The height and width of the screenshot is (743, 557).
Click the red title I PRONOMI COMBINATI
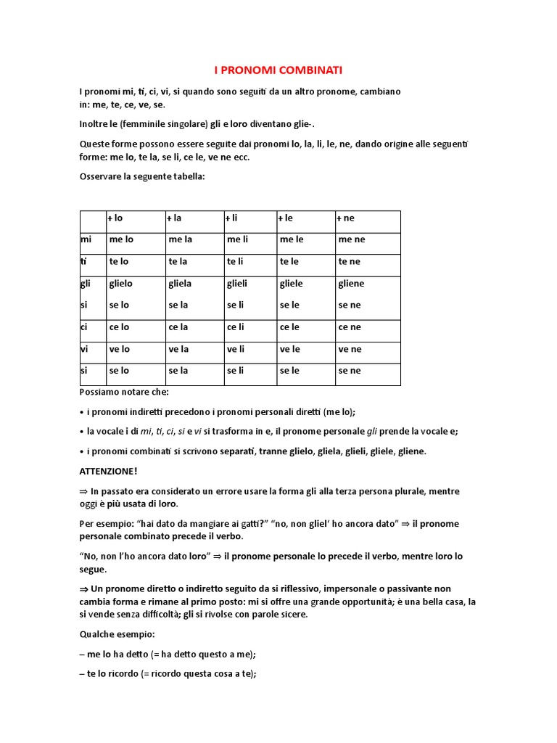point(278,70)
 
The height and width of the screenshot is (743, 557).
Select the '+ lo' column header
point(115,218)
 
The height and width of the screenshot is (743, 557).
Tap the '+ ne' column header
point(346,218)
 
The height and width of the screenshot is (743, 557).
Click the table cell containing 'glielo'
point(120,284)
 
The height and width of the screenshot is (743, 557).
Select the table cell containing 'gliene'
point(351,284)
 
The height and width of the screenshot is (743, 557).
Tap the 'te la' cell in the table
point(178,262)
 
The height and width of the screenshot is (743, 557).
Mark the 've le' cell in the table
point(289,349)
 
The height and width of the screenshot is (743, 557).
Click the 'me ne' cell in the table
point(351,239)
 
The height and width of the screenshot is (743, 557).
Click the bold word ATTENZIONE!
point(108,471)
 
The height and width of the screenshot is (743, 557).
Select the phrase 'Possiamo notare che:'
point(123,392)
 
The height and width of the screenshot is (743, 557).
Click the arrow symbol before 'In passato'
point(83,491)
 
